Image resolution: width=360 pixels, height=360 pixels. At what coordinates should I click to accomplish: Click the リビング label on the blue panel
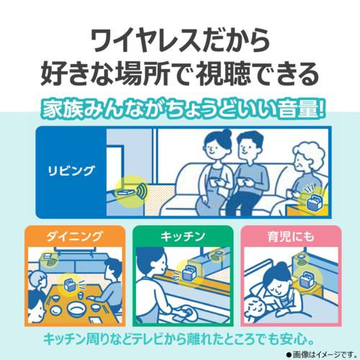pyautogui.click(x=71, y=171)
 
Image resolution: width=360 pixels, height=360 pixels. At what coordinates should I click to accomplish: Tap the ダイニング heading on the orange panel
pyautogui.click(x=75, y=237)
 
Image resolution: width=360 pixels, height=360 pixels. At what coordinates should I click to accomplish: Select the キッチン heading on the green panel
pyautogui.click(x=183, y=237)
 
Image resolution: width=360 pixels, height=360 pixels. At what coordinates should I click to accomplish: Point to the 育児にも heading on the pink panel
pyautogui.click(x=291, y=237)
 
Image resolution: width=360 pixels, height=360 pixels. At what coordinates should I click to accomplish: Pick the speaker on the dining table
pyautogui.click(x=70, y=284)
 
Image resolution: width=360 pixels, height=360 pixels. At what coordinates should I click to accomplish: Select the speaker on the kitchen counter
pyautogui.click(x=189, y=273)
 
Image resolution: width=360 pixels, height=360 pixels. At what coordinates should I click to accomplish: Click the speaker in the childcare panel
pyautogui.click(x=307, y=279)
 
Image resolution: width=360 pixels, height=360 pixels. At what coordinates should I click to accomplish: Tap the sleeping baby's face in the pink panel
pyautogui.click(x=255, y=310)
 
